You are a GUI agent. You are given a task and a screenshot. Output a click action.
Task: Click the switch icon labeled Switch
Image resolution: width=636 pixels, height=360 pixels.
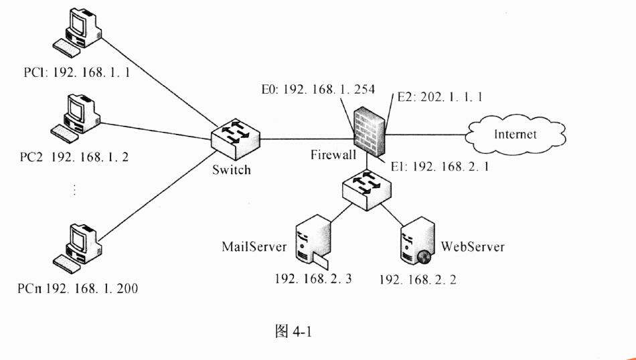(234, 138)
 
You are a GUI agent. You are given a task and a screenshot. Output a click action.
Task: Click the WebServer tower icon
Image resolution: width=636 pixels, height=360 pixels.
(414, 242)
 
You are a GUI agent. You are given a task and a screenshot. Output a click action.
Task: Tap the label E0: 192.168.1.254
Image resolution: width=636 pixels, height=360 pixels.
(318, 90)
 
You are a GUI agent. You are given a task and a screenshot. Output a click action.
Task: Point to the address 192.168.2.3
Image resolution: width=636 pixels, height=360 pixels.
(309, 279)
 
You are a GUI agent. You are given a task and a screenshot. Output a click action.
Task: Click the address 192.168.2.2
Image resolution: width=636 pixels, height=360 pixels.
(417, 279)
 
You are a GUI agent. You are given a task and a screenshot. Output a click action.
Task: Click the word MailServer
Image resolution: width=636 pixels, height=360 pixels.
(254, 247)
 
